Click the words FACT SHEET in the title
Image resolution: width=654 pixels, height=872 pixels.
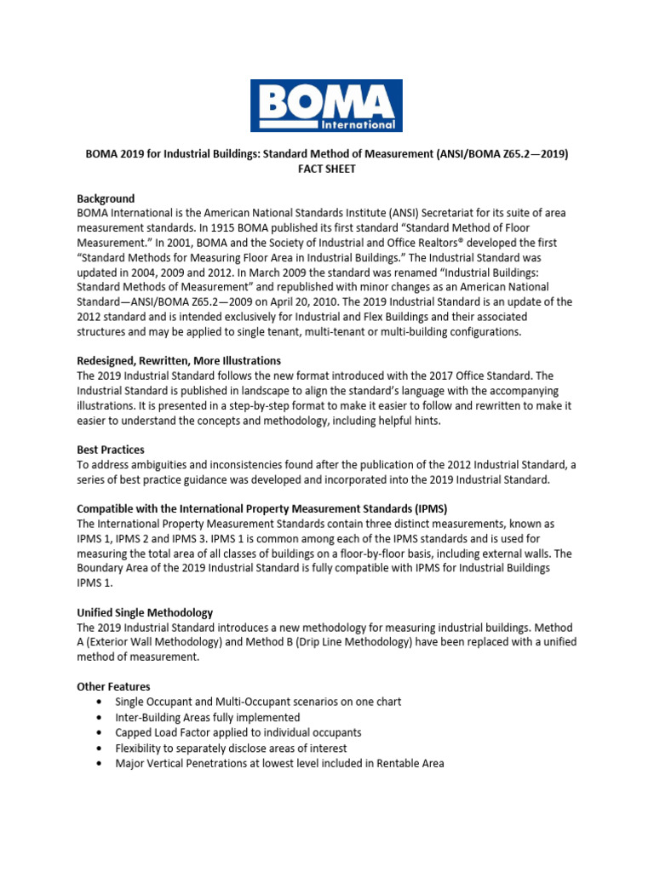click(326, 169)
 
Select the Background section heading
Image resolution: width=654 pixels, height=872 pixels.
click(106, 198)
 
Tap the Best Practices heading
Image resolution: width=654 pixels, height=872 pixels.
click(111, 449)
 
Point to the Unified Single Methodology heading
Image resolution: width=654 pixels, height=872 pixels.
click(145, 613)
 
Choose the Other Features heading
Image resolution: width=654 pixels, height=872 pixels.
click(114, 686)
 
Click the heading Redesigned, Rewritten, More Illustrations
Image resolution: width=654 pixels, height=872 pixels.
click(179, 361)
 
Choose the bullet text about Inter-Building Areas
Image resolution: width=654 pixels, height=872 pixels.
click(207, 717)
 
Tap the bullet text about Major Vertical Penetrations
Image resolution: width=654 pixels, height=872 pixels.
click(279, 763)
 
